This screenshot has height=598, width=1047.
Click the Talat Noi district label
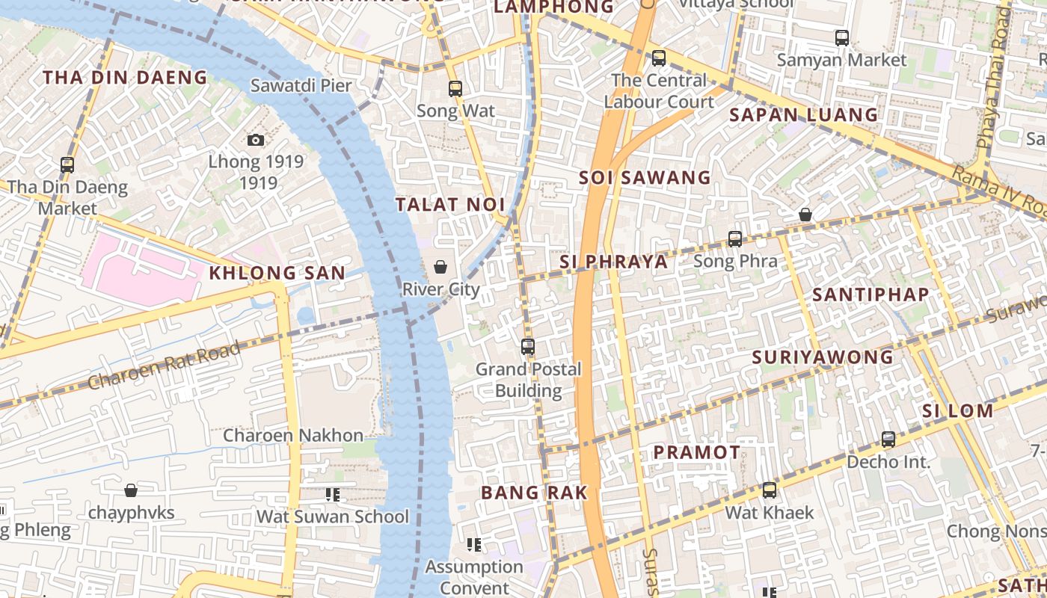(x=450, y=205)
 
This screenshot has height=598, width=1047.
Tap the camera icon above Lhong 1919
(x=256, y=140)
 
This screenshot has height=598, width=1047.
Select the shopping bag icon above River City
(x=440, y=267)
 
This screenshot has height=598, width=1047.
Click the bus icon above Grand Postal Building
(x=528, y=347)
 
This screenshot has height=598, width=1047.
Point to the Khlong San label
(x=277, y=274)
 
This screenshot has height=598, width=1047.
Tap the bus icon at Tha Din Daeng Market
(x=67, y=165)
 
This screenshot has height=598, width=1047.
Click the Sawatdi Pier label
(x=301, y=85)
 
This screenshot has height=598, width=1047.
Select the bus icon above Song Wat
(x=455, y=89)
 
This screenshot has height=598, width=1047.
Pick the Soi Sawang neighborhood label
(x=645, y=178)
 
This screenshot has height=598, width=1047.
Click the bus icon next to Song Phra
(x=735, y=239)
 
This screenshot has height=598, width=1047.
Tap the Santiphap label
(x=871, y=295)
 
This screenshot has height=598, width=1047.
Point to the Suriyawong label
(x=823, y=357)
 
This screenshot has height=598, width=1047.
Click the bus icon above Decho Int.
(x=888, y=440)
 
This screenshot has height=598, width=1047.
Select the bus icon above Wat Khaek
(x=770, y=490)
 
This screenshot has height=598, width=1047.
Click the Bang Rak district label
(x=534, y=493)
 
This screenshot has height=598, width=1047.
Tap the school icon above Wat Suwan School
(x=333, y=495)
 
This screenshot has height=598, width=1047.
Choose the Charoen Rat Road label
(x=165, y=366)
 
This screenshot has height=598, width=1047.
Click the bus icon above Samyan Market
(x=842, y=37)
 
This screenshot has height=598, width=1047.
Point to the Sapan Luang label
(x=803, y=115)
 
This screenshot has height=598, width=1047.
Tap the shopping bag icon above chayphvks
(x=131, y=490)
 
